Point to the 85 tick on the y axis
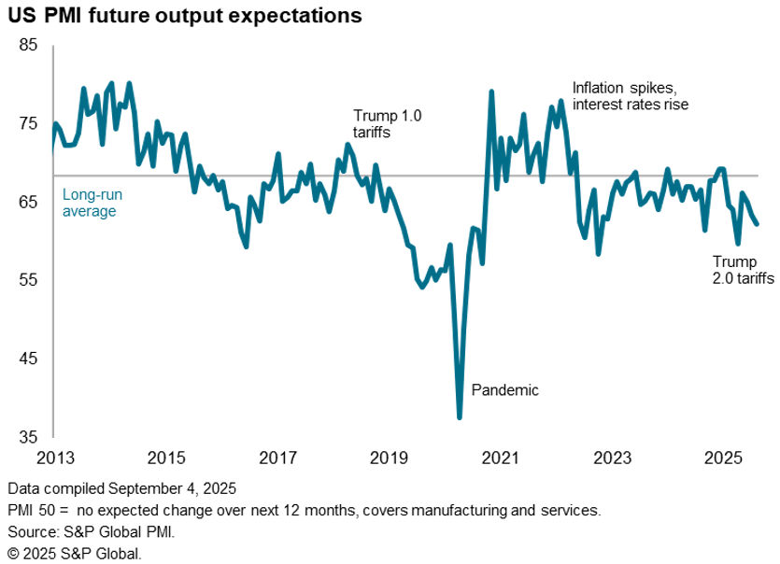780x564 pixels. point(28,45)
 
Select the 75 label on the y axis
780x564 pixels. point(28,123)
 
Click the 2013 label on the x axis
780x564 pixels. point(54,458)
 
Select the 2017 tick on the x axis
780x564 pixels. point(277,458)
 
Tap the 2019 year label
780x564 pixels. point(389,458)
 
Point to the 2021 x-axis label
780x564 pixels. point(501,458)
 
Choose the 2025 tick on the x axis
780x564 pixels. point(724,458)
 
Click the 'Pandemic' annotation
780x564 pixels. point(505,390)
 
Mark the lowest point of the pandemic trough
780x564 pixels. point(460,416)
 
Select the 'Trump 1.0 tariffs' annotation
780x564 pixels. point(387,124)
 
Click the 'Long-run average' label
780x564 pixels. point(92,204)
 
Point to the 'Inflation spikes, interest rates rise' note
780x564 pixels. point(630,96)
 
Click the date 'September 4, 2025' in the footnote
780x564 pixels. point(171,488)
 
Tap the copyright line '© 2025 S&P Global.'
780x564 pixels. point(74,554)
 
